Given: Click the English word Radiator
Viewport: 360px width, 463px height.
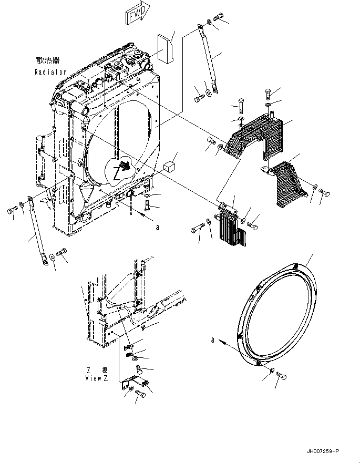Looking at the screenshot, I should tap(50, 71).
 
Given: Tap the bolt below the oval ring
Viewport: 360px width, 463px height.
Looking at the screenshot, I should tap(280, 376).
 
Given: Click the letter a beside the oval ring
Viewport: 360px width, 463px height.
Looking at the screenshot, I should tap(213, 341).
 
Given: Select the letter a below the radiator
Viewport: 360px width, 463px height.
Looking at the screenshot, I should tap(157, 228).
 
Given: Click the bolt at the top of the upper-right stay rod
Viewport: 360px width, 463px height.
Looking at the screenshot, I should tap(219, 17).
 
